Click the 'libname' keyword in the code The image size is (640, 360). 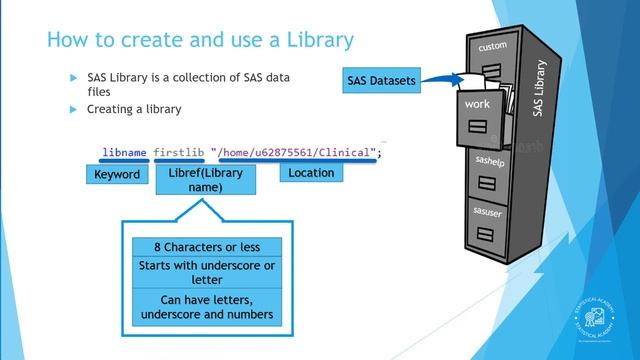click(x=125, y=152)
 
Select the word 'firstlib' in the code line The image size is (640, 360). click(x=179, y=152)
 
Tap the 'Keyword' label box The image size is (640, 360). click(x=117, y=174)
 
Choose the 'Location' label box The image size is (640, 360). click(x=310, y=174)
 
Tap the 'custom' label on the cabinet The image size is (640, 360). click(x=493, y=47)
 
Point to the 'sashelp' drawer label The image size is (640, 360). click(x=488, y=159)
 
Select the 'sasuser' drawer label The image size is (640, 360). click(x=487, y=211)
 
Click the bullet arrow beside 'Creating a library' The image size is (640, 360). click(x=73, y=109)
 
